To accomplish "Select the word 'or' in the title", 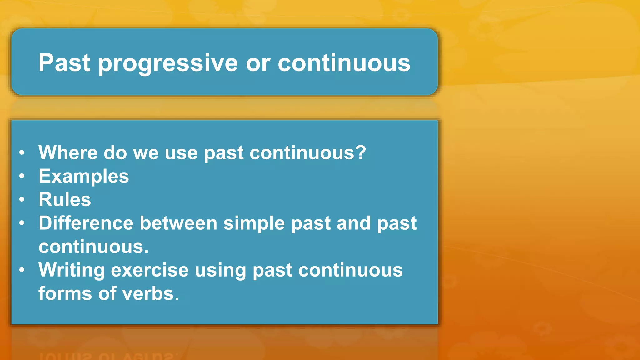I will [257, 63].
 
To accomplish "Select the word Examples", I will [83, 176].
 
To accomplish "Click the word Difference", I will [86, 223].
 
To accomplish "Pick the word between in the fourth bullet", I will [178, 223].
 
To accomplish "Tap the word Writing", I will [72, 271].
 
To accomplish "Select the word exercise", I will [150, 270].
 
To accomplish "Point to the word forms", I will [65, 294].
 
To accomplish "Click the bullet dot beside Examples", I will [22, 176].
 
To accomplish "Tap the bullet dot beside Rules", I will [22, 199].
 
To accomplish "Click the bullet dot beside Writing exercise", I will [22, 270].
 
